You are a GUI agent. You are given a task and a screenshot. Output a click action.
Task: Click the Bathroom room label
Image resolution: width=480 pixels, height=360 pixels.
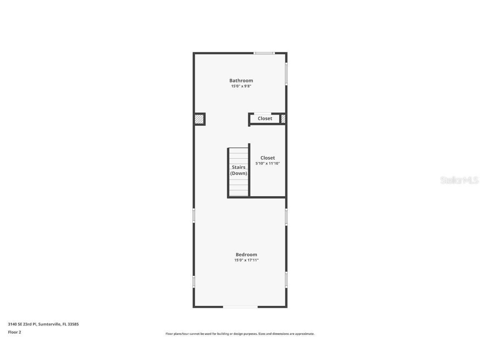pos(241,80)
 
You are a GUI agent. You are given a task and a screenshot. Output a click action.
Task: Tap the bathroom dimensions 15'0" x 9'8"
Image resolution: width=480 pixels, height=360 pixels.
pos(241,86)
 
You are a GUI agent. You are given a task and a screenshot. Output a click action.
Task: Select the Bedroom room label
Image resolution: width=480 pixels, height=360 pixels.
pos(246,255)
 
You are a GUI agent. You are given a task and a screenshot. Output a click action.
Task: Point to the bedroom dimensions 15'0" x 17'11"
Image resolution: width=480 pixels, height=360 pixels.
pos(246,260)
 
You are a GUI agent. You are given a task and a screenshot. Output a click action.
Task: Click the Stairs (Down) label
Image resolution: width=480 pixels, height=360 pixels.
pos(239,170)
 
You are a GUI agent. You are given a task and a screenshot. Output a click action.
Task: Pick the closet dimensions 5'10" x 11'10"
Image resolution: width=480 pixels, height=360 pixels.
pos(267,164)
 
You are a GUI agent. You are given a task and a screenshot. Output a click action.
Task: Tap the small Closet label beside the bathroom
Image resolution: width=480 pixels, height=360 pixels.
pos(265,119)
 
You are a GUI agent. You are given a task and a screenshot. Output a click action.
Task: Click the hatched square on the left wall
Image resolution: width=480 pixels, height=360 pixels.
pos(199,119)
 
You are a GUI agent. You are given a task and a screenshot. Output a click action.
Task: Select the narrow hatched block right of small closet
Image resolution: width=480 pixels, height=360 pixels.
pos(283,119)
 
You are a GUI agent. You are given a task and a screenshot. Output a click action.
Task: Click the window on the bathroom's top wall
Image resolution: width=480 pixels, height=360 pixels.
pos(264,53)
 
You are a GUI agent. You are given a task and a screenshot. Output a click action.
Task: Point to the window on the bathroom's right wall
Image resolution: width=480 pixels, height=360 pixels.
pos(286,74)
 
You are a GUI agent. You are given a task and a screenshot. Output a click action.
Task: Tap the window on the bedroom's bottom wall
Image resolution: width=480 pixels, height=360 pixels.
pos(240,307)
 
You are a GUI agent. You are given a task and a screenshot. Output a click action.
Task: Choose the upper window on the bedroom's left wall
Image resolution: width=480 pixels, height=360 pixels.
pos(194,215)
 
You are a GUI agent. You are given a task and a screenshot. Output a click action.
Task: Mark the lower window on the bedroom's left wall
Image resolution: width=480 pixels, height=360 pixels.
pos(194,281)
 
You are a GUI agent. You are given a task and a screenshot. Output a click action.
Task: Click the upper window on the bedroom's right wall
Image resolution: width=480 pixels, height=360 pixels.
pos(286,217)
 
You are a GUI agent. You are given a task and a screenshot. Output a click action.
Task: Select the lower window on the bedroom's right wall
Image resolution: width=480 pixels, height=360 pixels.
pos(286,279)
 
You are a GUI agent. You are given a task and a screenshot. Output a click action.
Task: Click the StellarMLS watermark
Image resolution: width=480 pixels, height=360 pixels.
pos(459,180)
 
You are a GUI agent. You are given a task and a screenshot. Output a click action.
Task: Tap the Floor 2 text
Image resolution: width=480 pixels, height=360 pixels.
pos(15,332)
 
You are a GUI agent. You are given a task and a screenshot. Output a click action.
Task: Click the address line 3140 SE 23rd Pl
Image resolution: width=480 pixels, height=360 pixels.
pos(43,324)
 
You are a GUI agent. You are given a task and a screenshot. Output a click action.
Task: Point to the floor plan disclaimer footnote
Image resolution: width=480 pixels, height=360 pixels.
pos(240,334)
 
